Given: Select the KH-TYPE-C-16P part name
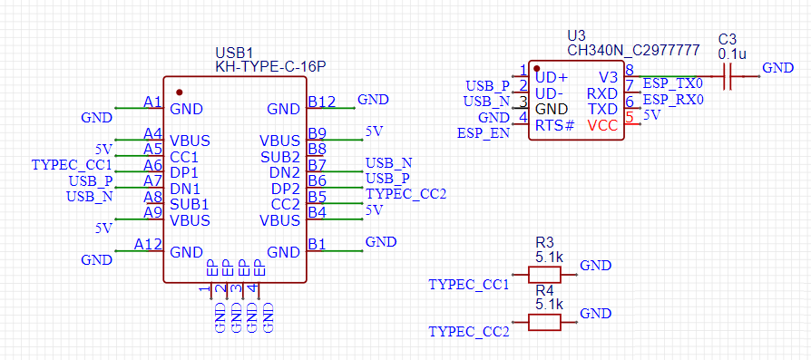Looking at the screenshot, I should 270,66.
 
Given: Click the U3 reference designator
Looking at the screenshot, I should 576,35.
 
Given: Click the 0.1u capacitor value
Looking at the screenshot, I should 731,54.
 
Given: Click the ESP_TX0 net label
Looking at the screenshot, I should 673,84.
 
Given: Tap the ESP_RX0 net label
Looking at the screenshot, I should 673,100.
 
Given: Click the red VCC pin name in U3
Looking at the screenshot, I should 603,125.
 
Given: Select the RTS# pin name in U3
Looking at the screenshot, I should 554,125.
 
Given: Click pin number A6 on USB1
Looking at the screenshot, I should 152,165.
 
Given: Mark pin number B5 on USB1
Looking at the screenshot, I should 317,197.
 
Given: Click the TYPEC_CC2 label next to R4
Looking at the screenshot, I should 468,332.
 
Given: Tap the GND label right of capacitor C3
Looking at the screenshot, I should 777,68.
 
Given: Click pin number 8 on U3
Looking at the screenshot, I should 629,70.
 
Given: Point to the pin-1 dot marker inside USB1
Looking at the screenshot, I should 179,92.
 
